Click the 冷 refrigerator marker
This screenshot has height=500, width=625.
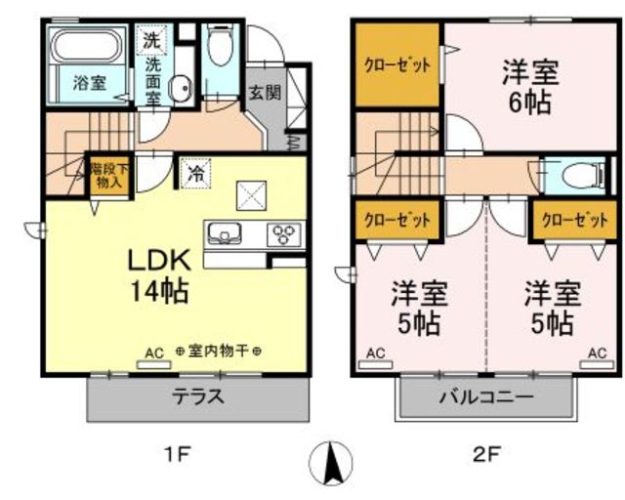(195, 175)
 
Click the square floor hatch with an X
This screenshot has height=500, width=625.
(253, 194)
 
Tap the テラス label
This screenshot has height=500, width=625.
(199, 397)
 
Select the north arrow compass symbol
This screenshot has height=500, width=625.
(330, 460)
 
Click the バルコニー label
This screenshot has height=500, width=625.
(484, 397)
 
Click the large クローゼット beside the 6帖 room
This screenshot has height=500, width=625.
(397, 67)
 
